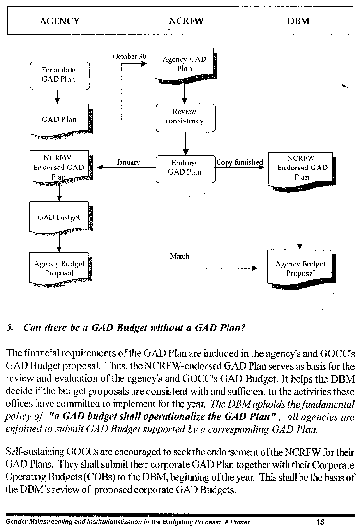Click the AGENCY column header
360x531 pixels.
click(60, 21)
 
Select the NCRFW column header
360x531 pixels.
click(186, 21)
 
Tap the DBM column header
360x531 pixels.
click(299, 21)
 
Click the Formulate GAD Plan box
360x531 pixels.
click(60, 76)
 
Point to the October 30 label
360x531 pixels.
click(130, 56)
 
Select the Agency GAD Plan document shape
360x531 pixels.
click(185, 65)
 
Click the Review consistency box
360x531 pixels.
click(186, 118)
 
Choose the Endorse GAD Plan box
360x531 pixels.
click(186, 169)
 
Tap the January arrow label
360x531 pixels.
click(128, 163)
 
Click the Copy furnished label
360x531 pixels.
click(240, 163)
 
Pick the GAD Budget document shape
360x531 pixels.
click(60, 218)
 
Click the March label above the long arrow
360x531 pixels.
click(180, 256)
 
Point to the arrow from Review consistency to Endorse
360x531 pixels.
click(186, 143)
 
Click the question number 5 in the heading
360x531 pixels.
click(10, 328)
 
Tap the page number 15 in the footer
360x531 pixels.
click(320, 522)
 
